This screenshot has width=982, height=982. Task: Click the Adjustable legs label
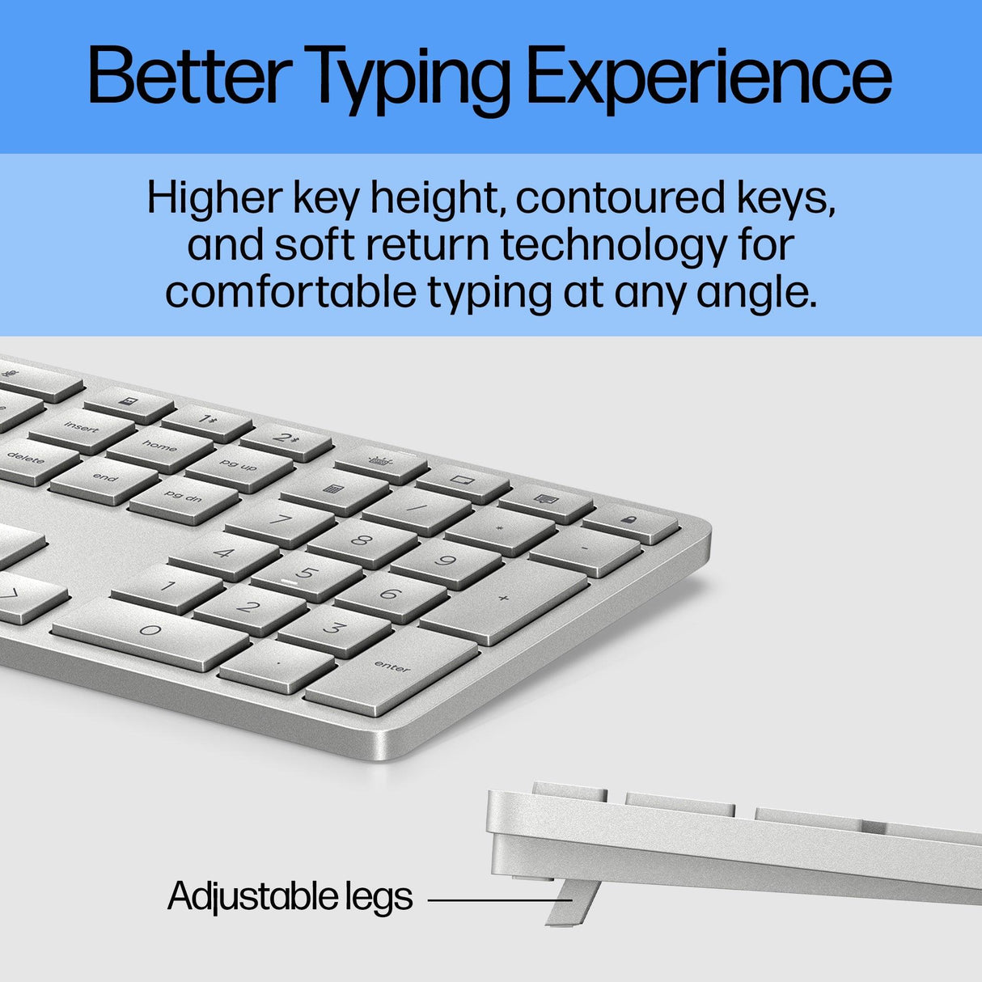click(290, 896)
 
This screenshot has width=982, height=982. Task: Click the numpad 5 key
click(307, 574)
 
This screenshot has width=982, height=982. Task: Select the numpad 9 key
click(446, 560)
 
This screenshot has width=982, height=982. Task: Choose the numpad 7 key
click(280, 520)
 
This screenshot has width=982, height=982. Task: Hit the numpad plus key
click(503, 599)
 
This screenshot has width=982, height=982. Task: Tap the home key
click(159, 447)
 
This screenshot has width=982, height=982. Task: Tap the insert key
click(81, 427)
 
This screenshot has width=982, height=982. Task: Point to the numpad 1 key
click(167, 586)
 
